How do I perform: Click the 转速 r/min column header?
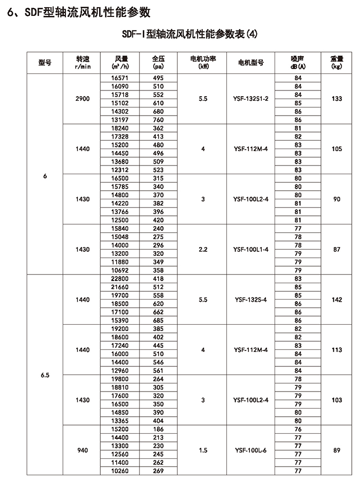click(82, 62)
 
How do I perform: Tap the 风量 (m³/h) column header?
click(122, 62)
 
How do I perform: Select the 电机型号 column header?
click(251, 63)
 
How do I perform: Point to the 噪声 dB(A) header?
click(297, 62)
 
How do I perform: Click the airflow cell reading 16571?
click(122, 78)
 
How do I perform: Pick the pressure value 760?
click(158, 119)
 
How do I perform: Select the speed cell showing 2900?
click(82, 98)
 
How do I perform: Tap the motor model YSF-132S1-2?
click(251, 98)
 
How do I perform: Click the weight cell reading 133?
click(337, 98)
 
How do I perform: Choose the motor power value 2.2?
click(203, 249)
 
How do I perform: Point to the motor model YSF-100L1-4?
click(251, 249)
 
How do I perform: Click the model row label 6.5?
click(45, 375)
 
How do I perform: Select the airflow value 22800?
click(122, 279)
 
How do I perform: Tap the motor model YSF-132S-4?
click(251, 300)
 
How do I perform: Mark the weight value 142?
click(337, 300)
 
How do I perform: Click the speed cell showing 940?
click(82, 450)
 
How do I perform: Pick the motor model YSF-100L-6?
click(251, 450)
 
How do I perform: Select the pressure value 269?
click(158, 471)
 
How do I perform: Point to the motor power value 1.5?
click(203, 450)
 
